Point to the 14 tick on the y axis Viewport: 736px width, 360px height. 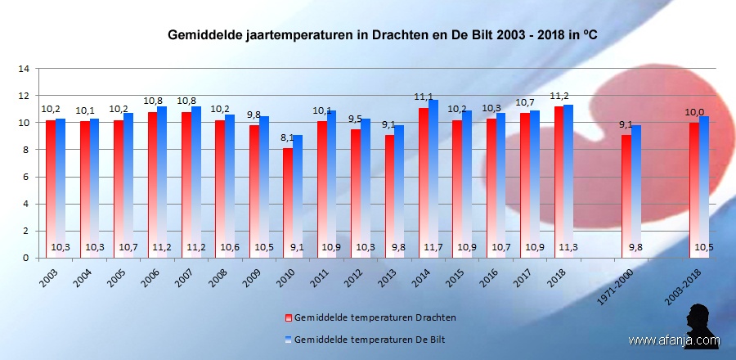coord(24,69)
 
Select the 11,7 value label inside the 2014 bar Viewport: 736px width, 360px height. coord(429,246)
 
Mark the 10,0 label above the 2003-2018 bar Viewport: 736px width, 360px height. coord(694,112)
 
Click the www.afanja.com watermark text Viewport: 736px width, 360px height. coord(675,340)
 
